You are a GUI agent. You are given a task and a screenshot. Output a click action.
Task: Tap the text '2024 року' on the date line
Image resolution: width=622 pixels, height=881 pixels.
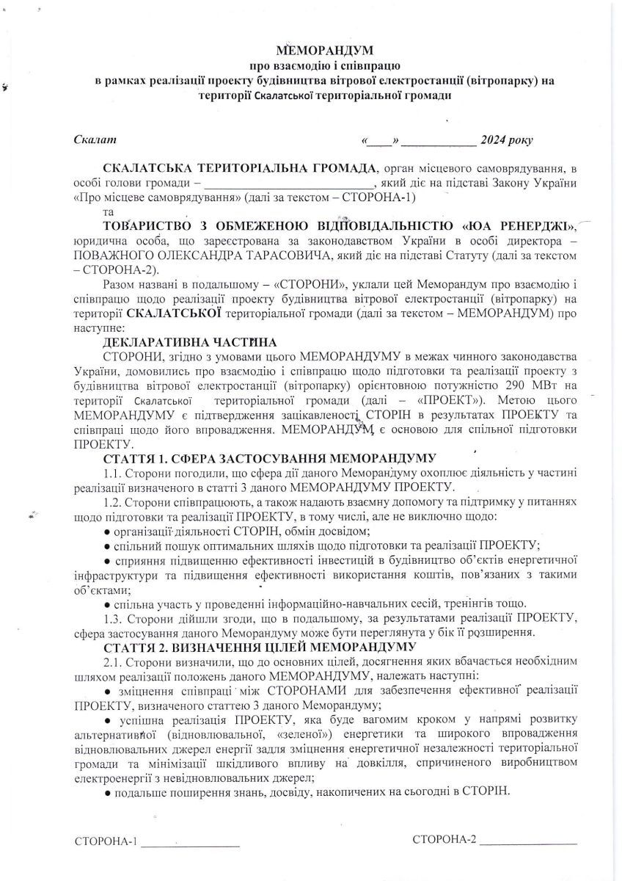tap(506, 139)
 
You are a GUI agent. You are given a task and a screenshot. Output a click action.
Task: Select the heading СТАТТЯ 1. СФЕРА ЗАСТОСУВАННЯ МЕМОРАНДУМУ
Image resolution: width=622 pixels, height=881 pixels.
tap(271, 459)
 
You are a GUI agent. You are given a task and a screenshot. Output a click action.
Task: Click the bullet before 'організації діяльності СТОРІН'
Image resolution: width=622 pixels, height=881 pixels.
tap(107, 531)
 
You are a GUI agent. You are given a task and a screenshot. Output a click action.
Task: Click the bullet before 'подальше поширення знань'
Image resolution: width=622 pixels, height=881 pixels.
tap(107, 792)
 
